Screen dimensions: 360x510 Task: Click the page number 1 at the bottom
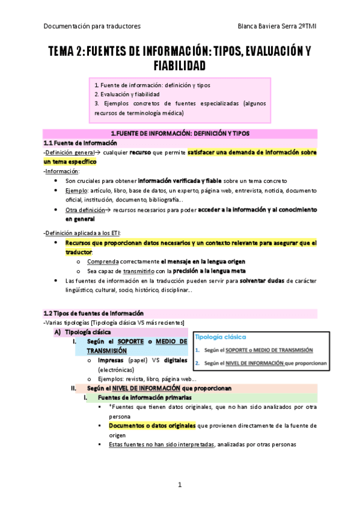tap(179, 485)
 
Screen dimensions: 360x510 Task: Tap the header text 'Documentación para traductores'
tap(92, 26)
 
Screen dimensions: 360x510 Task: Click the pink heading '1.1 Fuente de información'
tap(79, 143)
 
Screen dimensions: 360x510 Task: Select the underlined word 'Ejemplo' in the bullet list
tap(77, 190)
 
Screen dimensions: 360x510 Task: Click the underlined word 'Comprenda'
tap(102, 262)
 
